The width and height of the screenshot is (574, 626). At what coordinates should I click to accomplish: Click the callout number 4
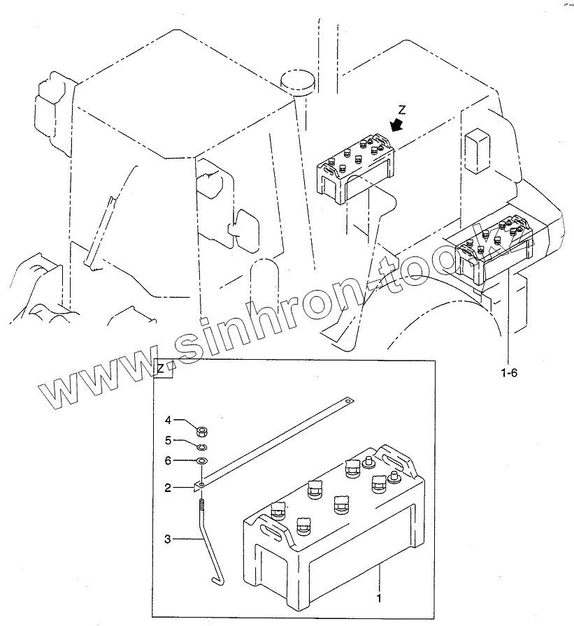coord(167,420)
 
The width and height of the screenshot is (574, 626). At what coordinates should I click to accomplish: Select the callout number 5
coord(167,440)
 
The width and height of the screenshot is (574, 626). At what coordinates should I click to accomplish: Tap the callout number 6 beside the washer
coord(167,460)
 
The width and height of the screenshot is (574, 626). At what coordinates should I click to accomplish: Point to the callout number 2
coord(167,488)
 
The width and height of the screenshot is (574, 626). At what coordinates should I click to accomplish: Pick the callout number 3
coord(167,539)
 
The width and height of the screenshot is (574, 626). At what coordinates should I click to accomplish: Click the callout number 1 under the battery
coord(378,599)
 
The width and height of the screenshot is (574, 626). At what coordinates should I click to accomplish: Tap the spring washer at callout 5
coord(201,447)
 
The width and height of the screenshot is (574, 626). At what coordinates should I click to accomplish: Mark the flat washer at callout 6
coord(201,462)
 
